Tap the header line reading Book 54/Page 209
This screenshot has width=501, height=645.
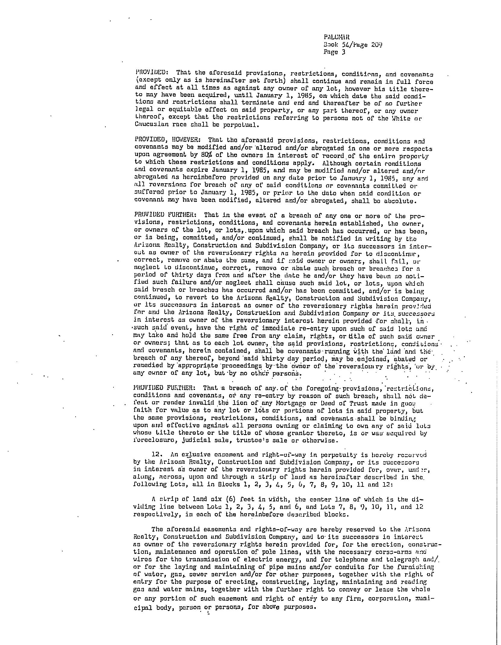click(x=353, y=45)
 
